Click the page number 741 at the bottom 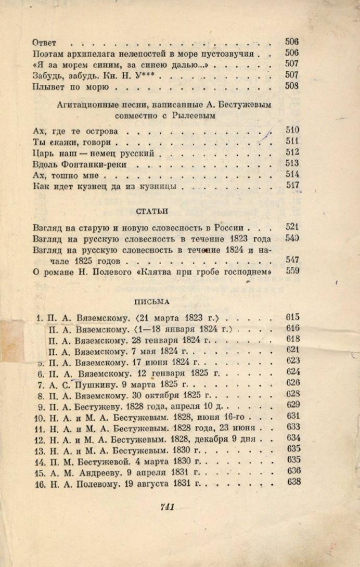coord(167,508)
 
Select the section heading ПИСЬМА coord(151,301)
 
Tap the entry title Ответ coord(44,42)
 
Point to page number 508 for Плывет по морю coord(292,86)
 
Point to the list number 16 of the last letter coord(39,482)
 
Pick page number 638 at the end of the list coord(293,482)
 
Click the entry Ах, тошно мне coord(65,175)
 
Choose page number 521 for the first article coord(293,227)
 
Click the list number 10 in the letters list coord(38,417)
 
